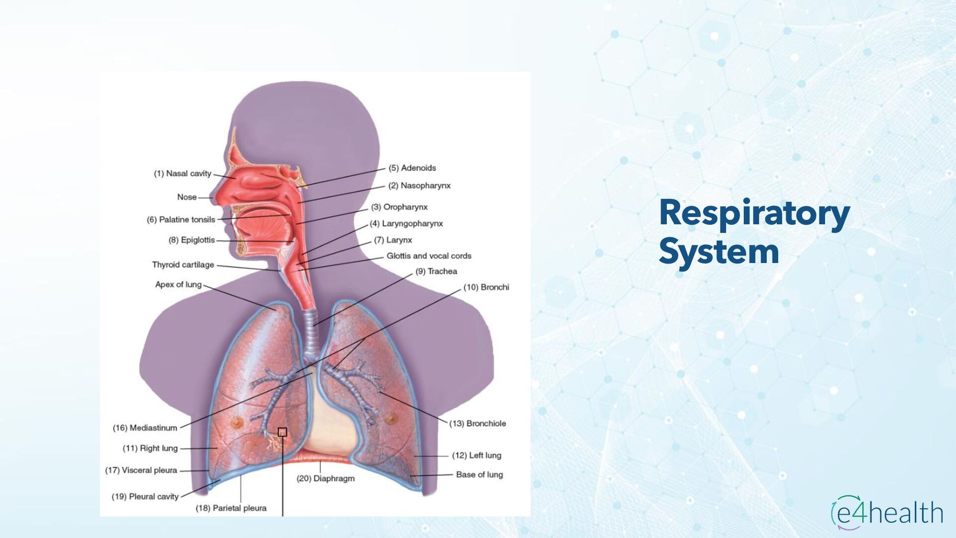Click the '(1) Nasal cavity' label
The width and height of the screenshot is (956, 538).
click(x=182, y=173)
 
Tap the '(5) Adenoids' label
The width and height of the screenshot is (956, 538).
click(x=412, y=168)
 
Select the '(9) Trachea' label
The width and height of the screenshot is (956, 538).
click(x=436, y=271)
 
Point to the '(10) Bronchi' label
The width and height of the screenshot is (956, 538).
click(x=486, y=287)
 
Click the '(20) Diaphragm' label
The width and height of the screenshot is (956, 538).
click(x=326, y=478)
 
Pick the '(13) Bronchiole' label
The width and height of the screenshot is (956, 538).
click(x=478, y=423)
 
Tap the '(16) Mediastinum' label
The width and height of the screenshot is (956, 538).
click(x=145, y=428)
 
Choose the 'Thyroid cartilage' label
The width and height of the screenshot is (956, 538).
click(x=183, y=265)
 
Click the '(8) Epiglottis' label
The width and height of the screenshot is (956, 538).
click(x=192, y=240)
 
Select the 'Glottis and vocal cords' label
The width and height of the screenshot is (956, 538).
click(x=429, y=256)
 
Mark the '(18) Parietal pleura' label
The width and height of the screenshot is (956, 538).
click(x=231, y=508)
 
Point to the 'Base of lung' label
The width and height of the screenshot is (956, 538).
click(x=479, y=475)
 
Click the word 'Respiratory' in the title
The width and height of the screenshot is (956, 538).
click(x=754, y=213)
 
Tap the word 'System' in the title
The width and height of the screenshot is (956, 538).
click(x=719, y=252)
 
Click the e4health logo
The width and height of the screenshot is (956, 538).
click(x=887, y=513)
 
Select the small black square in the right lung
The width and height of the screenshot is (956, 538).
click(x=282, y=432)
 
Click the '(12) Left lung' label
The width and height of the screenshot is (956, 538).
click(x=477, y=455)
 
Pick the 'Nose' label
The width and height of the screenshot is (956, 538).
click(x=187, y=197)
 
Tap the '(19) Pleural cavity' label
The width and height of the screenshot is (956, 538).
click(x=145, y=497)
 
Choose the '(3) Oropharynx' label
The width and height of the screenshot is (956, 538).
click(x=399, y=207)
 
